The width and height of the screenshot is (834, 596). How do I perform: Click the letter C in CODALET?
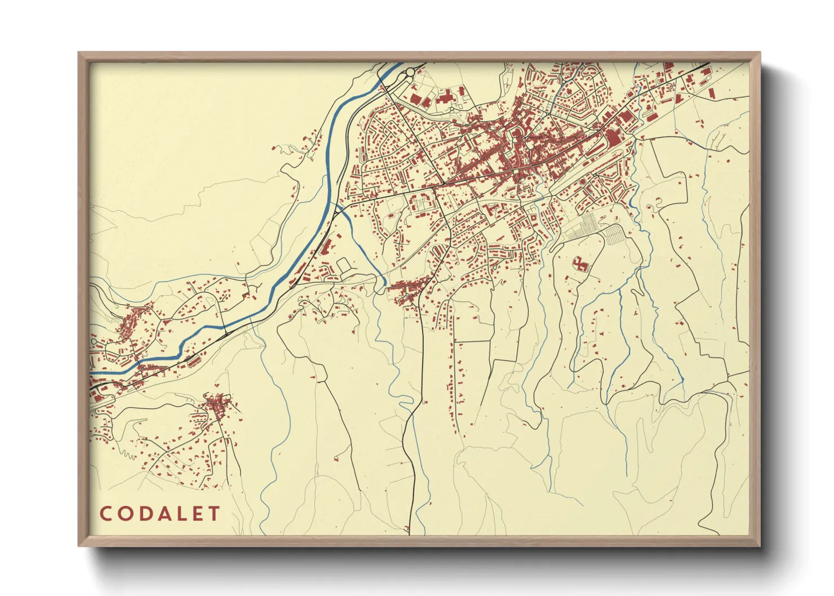105,514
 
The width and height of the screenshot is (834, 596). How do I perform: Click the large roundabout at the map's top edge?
407,72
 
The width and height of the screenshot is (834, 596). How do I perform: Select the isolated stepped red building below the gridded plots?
580,264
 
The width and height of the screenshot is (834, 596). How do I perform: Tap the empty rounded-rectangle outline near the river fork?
343,265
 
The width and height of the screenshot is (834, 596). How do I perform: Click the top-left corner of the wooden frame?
79,54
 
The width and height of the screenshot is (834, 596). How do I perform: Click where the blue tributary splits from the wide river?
339,207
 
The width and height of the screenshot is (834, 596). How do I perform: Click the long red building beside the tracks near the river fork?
325,248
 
